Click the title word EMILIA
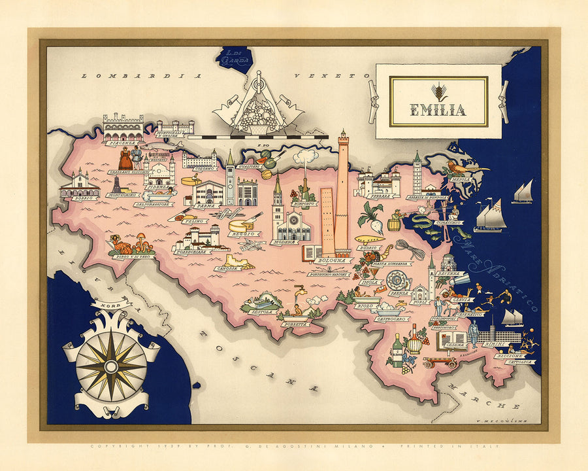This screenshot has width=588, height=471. [x=438, y=109]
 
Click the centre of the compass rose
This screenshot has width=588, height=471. [x=111, y=364]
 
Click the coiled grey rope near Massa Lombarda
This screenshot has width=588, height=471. [x=409, y=249]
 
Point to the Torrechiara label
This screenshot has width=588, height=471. [x=192, y=251]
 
